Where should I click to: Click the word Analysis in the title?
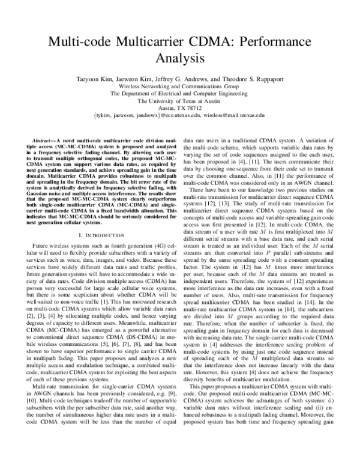click(179, 59)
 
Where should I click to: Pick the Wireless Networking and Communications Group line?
click(179, 86)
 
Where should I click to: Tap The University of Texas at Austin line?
click(179, 101)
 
